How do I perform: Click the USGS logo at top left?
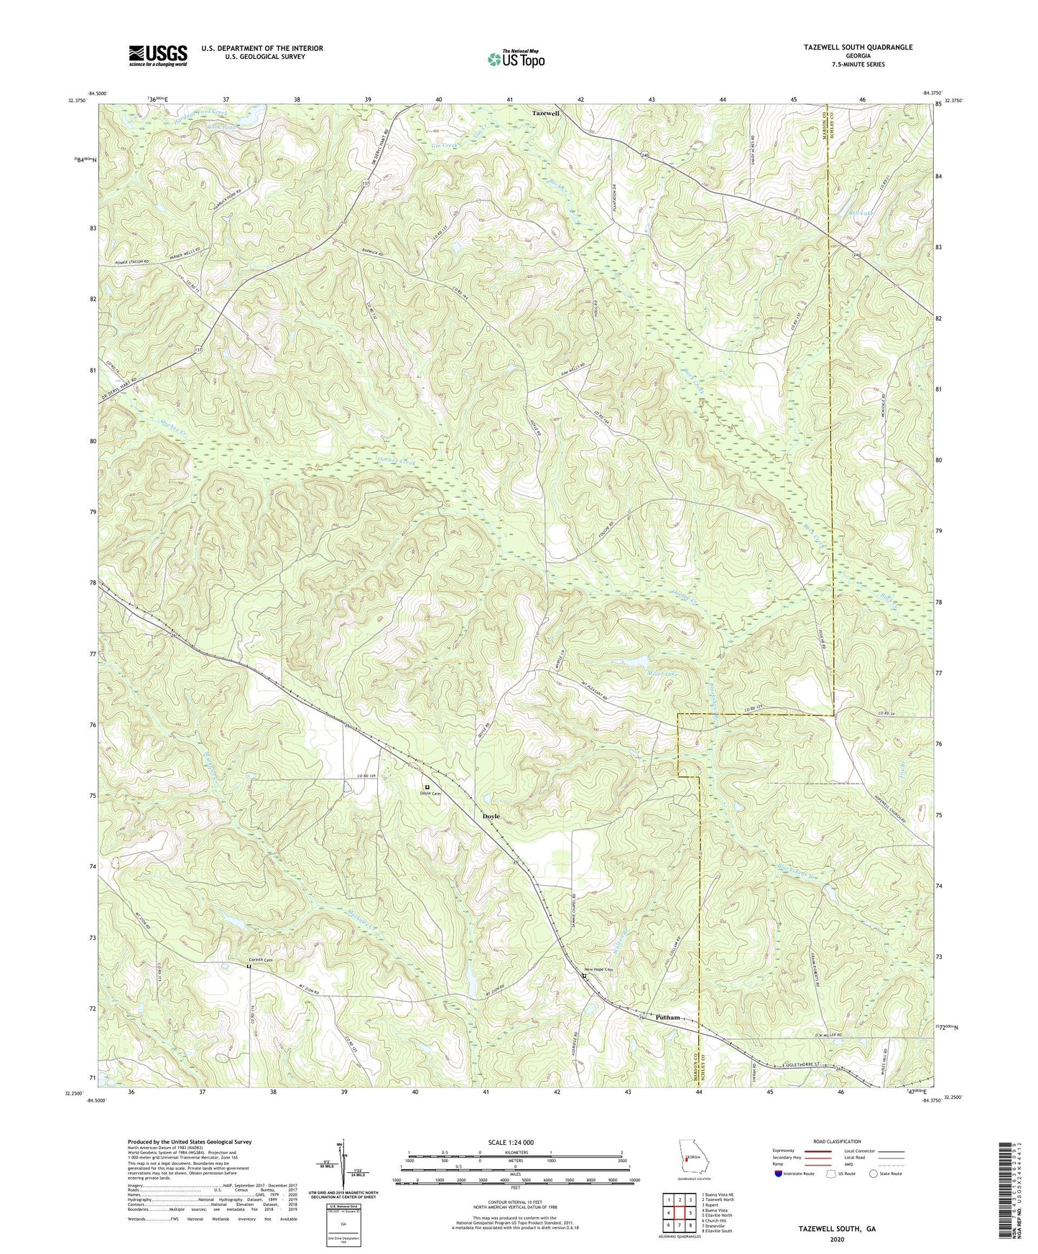tap(157, 55)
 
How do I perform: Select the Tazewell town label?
tap(545, 113)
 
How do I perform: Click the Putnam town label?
tap(667, 1017)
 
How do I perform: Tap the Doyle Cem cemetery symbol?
tap(427, 787)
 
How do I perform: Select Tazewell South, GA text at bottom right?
tap(837, 1229)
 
